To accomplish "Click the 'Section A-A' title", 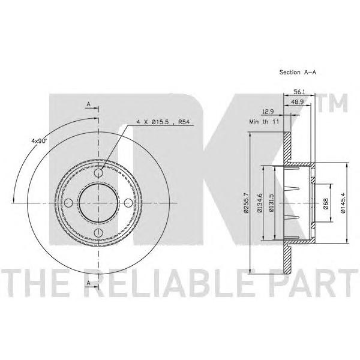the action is pos(298,72).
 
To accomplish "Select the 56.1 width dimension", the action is pos(299,92).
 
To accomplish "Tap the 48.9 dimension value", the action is pos(298,102).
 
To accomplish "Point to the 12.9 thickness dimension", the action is pos(268,112).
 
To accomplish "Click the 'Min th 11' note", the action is pos(264,121).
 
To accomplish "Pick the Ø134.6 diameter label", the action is pos(260,203).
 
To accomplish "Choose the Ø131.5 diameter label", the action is pos(271,203).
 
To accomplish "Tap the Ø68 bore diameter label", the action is pos(325,203).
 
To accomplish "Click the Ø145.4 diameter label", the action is pos(343,203).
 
